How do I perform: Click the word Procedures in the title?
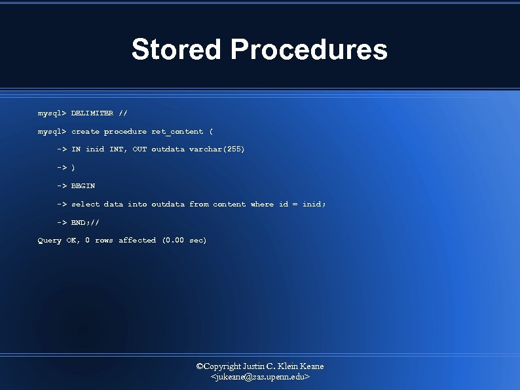[x=309, y=50]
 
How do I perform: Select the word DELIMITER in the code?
[x=92, y=113]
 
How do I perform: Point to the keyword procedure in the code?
[x=125, y=131]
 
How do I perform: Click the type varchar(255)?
[x=217, y=149]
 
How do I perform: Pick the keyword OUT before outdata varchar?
[x=139, y=149]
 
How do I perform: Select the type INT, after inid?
[x=118, y=149]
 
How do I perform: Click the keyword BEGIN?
[x=83, y=186]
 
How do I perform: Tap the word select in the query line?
[x=85, y=205]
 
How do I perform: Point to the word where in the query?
[x=262, y=205]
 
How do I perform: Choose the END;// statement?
[x=85, y=222]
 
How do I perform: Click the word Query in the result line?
[x=49, y=241]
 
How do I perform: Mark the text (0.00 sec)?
[x=184, y=241]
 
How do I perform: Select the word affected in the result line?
[x=137, y=241]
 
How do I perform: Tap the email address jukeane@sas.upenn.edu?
[x=260, y=378]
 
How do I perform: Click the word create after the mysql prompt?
[x=85, y=131]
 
